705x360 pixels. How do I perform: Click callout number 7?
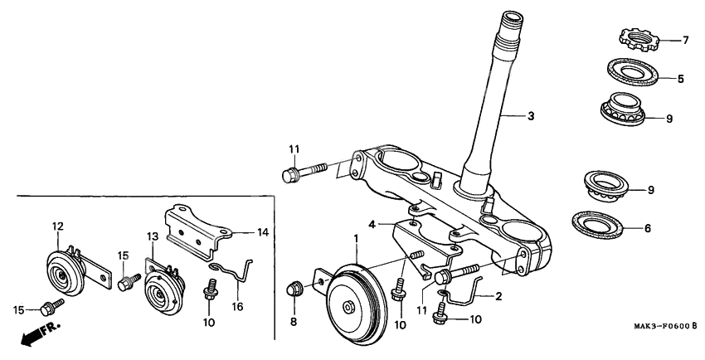[686, 39]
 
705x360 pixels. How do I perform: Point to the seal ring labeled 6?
[602, 224]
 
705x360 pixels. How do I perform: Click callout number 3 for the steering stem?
[532, 116]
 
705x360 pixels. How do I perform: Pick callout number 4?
[372, 223]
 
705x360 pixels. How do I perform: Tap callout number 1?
[357, 237]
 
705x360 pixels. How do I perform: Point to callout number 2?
[499, 295]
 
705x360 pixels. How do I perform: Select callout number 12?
[57, 225]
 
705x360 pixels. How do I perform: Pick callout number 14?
[263, 232]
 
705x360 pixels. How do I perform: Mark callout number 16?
[238, 306]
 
